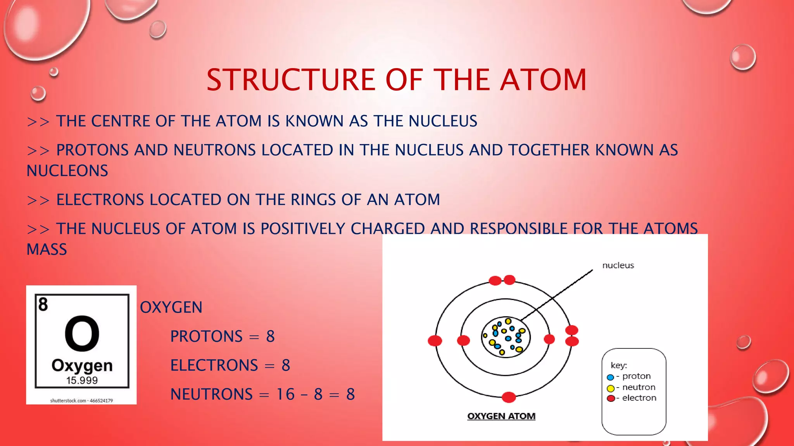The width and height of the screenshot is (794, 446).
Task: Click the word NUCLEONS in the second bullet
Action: click(67, 171)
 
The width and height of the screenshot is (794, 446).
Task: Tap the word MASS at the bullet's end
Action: click(47, 249)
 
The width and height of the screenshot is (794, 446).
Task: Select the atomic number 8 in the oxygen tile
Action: click(43, 304)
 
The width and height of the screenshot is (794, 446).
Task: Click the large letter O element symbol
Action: click(82, 333)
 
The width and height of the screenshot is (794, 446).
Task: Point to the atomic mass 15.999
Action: click(82, 380)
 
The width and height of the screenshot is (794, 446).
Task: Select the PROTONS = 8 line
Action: click(222, 336)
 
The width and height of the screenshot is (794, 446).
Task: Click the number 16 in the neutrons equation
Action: click(285, 394)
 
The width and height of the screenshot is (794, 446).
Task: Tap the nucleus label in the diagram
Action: click(618, 265)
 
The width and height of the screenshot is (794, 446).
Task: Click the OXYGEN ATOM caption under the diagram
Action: click(501, 416)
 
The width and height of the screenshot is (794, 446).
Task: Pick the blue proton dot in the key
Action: click(610, 377)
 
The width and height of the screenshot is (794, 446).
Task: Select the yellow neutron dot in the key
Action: click(611, 388)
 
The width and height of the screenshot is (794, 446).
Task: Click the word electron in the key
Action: click(639, 398)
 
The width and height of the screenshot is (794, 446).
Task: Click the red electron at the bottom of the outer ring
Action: click(509, 397)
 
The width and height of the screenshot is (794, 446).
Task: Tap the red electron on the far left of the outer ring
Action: click(435, 341)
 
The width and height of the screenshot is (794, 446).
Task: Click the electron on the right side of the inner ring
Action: click(549, 339)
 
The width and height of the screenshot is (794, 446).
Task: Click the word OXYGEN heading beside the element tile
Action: click(171, 307)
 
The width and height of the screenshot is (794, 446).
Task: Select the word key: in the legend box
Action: click(619, 365)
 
